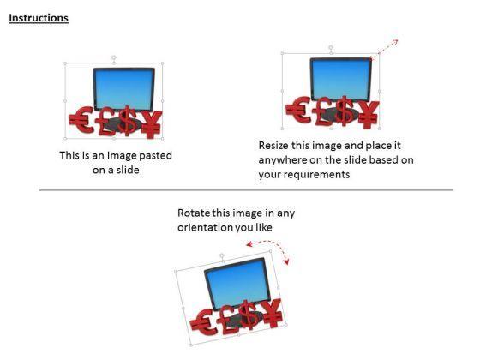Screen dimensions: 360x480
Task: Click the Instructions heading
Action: [39, 18]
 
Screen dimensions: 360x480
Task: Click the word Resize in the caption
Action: [276, 146]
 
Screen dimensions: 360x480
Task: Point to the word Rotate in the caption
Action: [194, 213]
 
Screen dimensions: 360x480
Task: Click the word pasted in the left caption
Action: [156, 156]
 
